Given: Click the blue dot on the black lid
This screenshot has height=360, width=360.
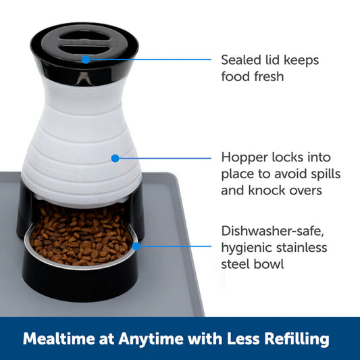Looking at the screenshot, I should pyautogui.click(x=85, y=59).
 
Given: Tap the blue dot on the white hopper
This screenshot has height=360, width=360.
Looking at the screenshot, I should pyautogui.click(x=115, y=158).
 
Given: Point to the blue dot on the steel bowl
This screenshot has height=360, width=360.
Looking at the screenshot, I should pyautogui.click(x=136, y=247).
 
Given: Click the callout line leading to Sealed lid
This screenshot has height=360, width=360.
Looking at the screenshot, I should pyautogui.click(x=149, y=59).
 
